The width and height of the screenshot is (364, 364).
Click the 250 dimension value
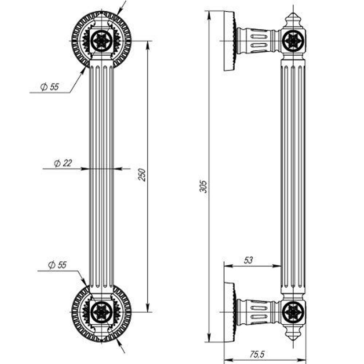point(143,175)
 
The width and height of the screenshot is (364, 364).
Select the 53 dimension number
point(248,260)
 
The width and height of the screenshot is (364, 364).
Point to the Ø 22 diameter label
point(63,163)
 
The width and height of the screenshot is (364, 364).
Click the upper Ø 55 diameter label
point(49,87)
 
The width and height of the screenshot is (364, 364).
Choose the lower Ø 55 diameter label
point(57,265)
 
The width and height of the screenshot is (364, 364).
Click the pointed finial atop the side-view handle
point(293,20)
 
